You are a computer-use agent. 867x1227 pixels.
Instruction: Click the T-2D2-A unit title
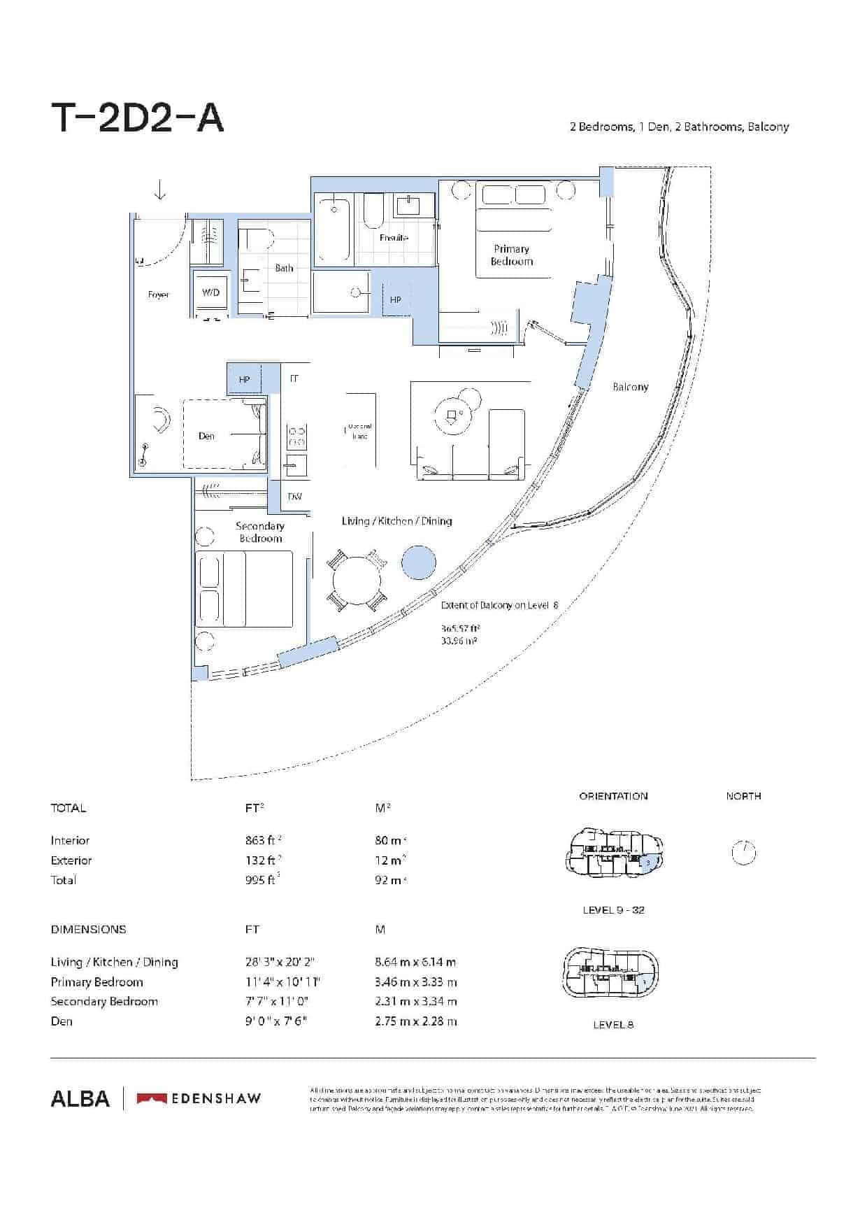pyautogui.click(x=138, y=118)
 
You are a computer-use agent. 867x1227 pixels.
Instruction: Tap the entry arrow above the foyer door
pyautogui.click(x=160, y=190)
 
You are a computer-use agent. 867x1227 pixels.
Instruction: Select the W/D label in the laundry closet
pyautogui.click(x=210, y=292)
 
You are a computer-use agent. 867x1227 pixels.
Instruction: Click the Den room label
pyautogui.click(x=206, y=436)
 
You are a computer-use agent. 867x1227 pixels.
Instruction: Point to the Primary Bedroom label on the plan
pyautogui.click(x=511, y=255)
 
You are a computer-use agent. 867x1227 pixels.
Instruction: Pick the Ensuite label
pyautogui.click(x=394, y=238)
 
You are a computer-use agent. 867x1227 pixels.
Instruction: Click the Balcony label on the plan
pyautogui.click(x=630, y=387)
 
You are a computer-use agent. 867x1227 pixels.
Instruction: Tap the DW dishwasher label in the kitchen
pyautogui.click(x=295, y=497)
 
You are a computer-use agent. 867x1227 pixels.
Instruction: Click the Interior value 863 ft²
pyautogui.click(x=263, y=840)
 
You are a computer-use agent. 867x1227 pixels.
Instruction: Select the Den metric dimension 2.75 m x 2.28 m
pyautogui.click(x=415, y=1021)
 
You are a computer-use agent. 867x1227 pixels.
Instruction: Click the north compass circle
pyautogui.click(x=743, y=853)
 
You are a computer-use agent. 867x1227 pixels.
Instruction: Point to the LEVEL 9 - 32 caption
pyautogui.click(x=613, y=910)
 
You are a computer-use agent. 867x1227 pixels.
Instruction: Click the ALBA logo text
pyautogui.click(x=80, y=1098)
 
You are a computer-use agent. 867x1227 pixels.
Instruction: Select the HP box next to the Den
pyautogui.click(x=244, y=379)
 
